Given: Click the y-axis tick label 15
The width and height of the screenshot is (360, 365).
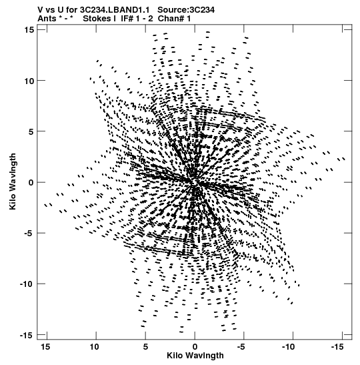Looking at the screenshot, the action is click(29, 30).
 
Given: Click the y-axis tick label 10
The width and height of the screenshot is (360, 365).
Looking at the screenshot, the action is click(29, 81).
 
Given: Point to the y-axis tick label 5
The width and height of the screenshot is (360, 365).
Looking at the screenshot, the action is click(31, 131).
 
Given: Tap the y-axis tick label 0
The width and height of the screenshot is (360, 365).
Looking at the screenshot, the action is click(31, 183).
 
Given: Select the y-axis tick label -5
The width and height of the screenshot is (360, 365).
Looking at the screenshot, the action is click(29, 234).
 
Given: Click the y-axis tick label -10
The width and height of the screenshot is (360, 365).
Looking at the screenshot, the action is click(27, 284).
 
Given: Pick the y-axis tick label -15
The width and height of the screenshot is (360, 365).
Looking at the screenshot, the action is click(27, 335).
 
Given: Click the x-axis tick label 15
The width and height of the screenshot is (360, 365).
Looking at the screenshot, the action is click(45, 347).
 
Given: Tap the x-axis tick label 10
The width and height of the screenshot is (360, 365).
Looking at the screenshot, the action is click(94, 347).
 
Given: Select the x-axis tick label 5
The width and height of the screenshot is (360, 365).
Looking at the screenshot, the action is click(145, 347).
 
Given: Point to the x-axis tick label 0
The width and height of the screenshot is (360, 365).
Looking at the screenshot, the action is click(195, 347).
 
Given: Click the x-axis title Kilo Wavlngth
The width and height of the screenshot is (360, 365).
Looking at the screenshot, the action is click(195, 356).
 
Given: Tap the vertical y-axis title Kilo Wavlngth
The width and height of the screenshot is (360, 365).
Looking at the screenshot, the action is click(13, 181).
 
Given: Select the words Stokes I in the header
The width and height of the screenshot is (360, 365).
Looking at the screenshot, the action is click(99, 19).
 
